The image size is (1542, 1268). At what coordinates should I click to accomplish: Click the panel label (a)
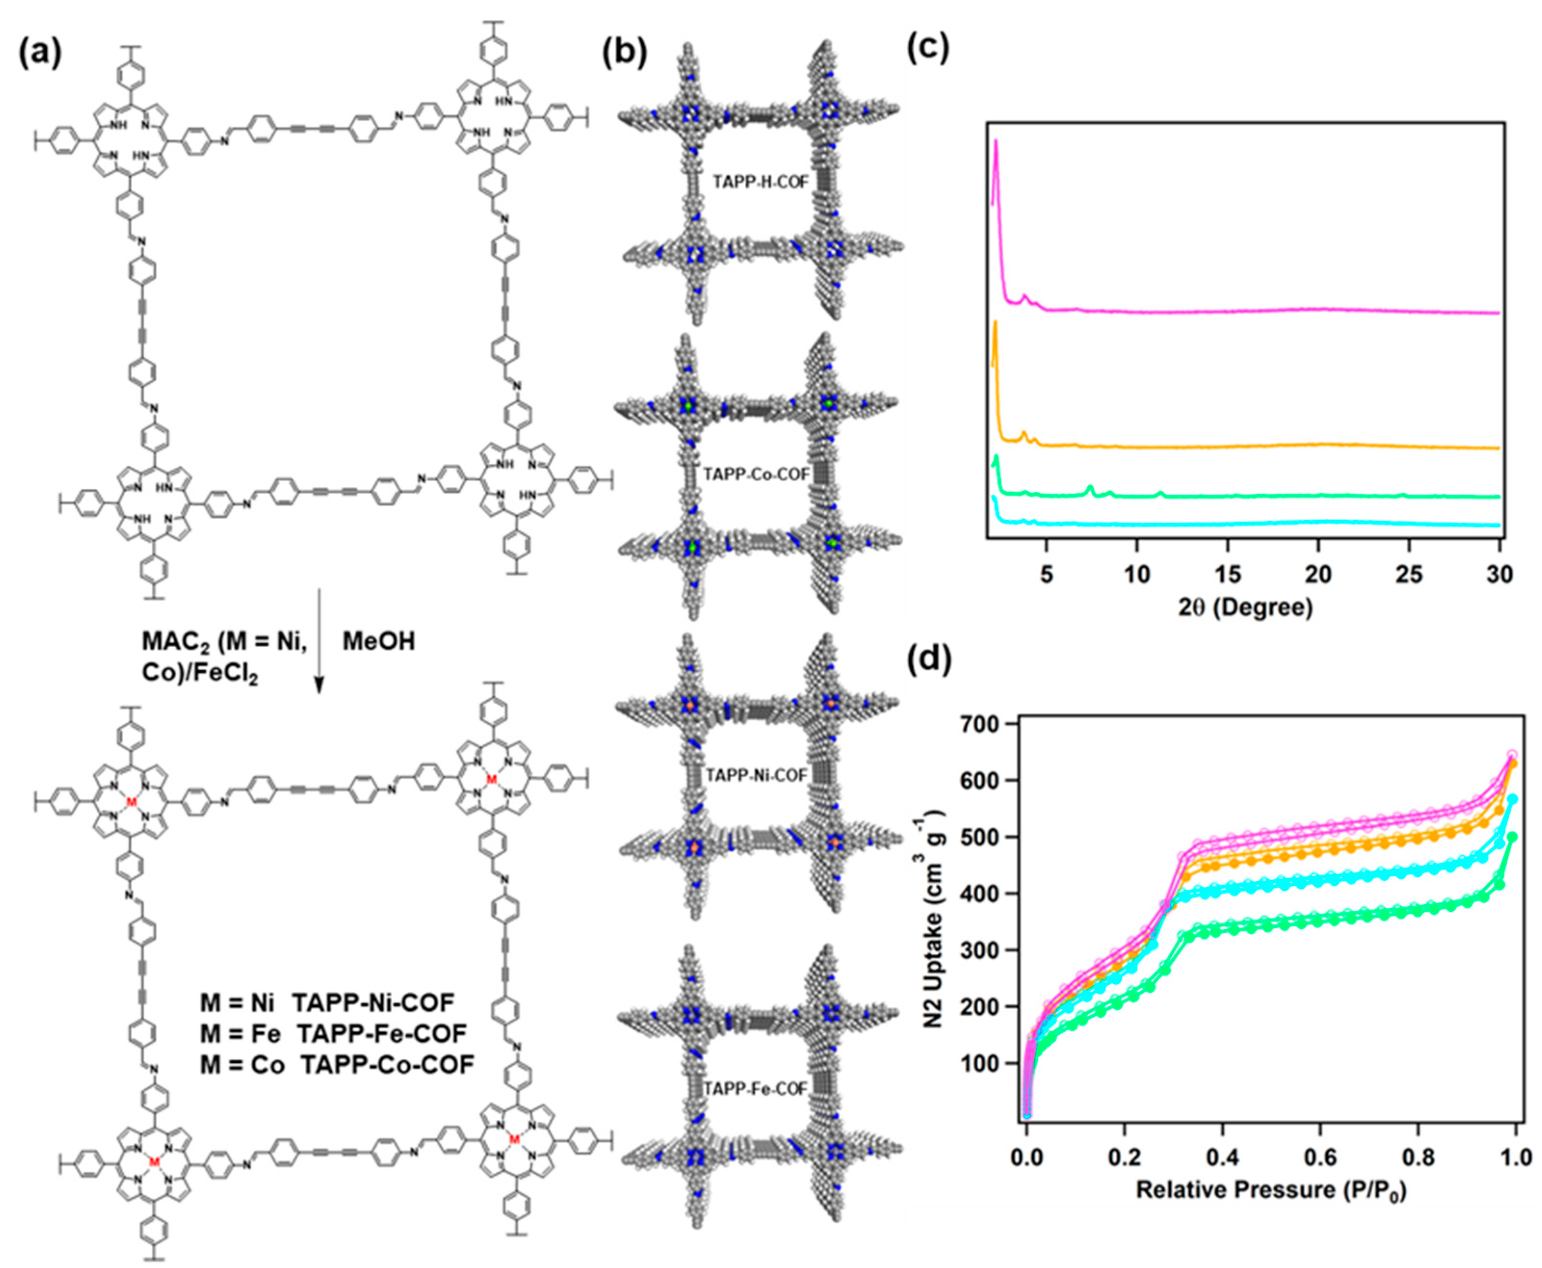tap(39, 52)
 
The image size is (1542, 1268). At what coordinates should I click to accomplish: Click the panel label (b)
tap(625, 52)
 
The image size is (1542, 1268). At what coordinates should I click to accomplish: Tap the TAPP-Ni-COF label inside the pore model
tap(756, 775)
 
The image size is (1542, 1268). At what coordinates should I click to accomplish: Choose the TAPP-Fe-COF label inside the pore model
tap(755, 1089)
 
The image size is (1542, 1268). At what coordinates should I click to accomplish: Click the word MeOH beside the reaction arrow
tap(378, 642)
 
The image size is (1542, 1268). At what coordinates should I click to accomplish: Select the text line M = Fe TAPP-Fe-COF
tap(333, 1034)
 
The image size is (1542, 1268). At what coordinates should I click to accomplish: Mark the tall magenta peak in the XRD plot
tap(996, 146)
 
